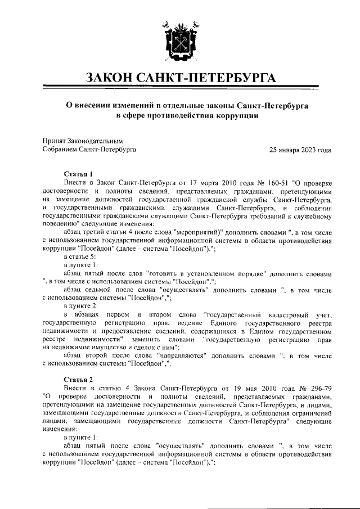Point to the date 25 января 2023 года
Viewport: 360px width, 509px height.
[x=300, y=150]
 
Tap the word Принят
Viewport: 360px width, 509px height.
[x=55, y=141]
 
